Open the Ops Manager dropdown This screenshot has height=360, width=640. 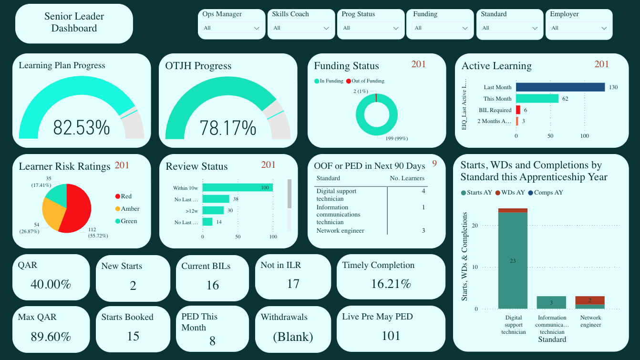(231, 28)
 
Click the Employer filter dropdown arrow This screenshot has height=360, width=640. (604, 29)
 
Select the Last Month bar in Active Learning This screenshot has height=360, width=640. (560, 87)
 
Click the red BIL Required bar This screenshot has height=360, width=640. (518, 110)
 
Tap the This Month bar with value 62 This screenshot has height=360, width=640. (537, 99)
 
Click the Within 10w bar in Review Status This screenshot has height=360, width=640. (237, 188)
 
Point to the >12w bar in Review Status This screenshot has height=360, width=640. (213, 210)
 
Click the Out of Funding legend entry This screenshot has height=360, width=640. (365, 81)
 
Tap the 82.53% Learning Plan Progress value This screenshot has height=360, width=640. (82, 128)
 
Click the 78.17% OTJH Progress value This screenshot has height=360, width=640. (228, 128)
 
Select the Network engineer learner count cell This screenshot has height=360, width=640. (423, 231)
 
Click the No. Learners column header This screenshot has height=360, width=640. (407, 178)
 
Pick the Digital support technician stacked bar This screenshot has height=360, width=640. (513, 260)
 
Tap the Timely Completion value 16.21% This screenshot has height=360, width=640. (391, 284)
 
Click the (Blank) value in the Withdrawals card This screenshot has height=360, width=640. (293, 337)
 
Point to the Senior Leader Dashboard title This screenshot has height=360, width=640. (74, 22)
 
